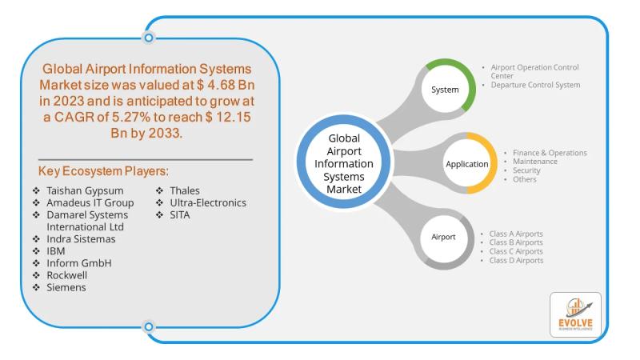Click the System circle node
pyautogui.click(x=446, y=90)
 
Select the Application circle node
pyautogui.click(x=466, y=164)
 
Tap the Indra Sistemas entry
pyautogui.click(x=82, y=238)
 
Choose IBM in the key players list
pyautogui.click(x=56, y=250)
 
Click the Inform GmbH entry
pyautogui.click(x=78, y=262)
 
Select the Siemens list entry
pyautogui.click(x=66, y=286)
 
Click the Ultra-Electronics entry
pyautogui.click(x=207, y=202)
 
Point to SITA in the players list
pyautogui.click(x=181, y=214)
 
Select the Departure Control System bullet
pyautogui.click(x=535, y=85)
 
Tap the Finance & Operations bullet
pyautogui.click(x=550, y=153)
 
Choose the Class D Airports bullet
pyautogui.click(x=516, y=260)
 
